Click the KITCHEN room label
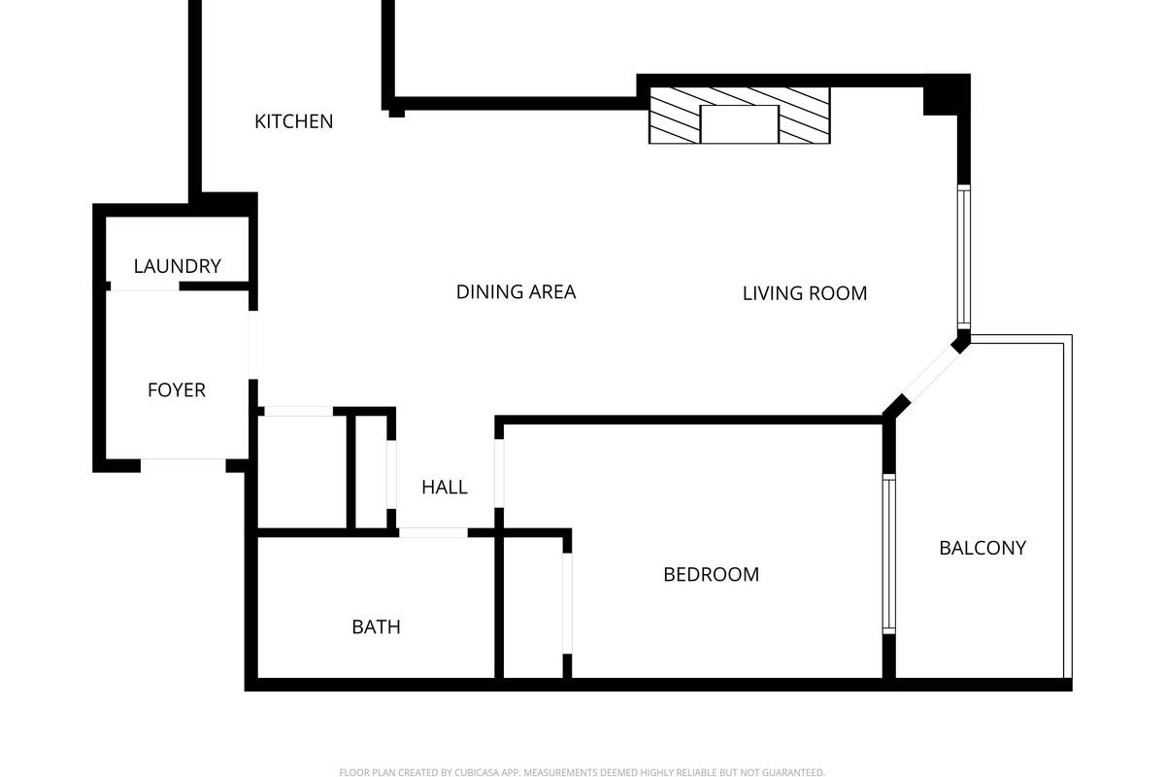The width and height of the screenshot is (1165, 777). pos(294,121)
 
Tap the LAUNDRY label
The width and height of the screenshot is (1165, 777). pos(178,266)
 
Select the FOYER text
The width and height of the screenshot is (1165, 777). pos(177,389)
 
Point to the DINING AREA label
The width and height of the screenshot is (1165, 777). pos(516,292)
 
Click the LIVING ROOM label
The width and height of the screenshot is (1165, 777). pos(805,293)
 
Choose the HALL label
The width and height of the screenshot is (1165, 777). pos(445,488)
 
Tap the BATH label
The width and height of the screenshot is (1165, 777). pos(376,627)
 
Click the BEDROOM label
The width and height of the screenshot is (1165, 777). pos(711,575)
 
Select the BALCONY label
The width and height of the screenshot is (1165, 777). pos(982,548)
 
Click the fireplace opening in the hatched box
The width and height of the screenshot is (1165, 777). pos(739,124)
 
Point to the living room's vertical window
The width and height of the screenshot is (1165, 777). pos(964,257)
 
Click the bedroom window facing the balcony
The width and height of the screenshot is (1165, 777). pos(889,554)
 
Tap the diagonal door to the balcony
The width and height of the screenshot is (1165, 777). pos(931,374)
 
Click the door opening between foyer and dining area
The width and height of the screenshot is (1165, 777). pos(252,345)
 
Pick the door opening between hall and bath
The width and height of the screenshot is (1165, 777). pos(433,532)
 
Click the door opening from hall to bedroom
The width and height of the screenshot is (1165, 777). pos(499,473)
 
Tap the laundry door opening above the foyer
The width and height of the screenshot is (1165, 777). pos(145,287)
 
